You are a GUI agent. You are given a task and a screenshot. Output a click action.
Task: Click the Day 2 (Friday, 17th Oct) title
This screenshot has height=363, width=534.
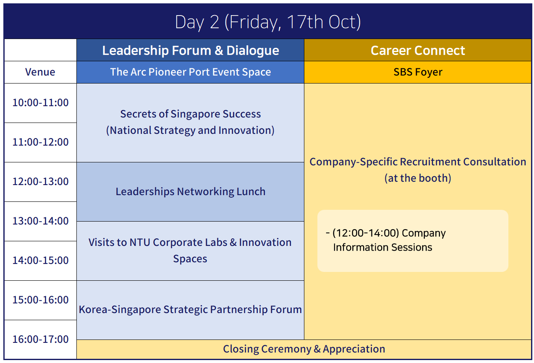[x=268, y=22]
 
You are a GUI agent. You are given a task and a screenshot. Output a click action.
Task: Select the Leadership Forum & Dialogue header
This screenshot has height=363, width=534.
[x=191, y=50]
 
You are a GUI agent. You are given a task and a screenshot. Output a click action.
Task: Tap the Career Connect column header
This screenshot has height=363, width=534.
[x=418, y=50]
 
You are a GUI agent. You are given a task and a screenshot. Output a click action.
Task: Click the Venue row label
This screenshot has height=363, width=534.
[x=40, y=72]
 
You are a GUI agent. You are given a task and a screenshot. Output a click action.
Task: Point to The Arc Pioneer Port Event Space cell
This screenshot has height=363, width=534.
[x=191, y=72]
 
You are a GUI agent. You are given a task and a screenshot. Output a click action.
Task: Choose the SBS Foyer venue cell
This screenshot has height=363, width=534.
[x=418, y=72]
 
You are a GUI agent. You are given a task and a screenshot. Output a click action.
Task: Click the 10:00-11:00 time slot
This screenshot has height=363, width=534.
[x=40, y=103]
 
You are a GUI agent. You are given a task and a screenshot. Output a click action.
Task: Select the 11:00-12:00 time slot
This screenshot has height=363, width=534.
[x=40, y=142]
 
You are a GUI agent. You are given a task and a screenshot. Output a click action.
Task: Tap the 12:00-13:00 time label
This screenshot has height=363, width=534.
[x=40, y=182]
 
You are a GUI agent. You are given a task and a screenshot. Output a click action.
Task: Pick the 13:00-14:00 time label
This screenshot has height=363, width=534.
[x=40, y=221]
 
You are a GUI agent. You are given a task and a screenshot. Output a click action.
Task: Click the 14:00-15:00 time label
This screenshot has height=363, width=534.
[x=40, y=261]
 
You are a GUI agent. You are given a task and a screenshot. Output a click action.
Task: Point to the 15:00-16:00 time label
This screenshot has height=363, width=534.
[x=40, y=300]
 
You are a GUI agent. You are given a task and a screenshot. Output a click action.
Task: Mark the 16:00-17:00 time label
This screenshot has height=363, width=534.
[x=40, y=339]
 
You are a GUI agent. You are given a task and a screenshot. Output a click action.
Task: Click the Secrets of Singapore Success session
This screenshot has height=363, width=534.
[x=191, y=122]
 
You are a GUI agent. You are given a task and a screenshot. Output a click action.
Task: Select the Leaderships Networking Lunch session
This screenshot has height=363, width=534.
[x=191, y=192]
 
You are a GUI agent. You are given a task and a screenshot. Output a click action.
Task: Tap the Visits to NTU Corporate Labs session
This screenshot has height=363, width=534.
[x=190, y=251]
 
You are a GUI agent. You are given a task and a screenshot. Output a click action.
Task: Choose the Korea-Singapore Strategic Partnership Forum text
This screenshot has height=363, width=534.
[x=190, y=310]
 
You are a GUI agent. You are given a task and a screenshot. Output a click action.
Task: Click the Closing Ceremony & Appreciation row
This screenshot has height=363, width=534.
[x=304, y=349]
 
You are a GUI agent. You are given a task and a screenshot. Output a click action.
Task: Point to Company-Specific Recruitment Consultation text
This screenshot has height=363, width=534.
[x=418, y=170]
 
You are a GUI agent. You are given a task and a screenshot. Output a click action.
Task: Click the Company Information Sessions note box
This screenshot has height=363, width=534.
[x=413, y=241]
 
